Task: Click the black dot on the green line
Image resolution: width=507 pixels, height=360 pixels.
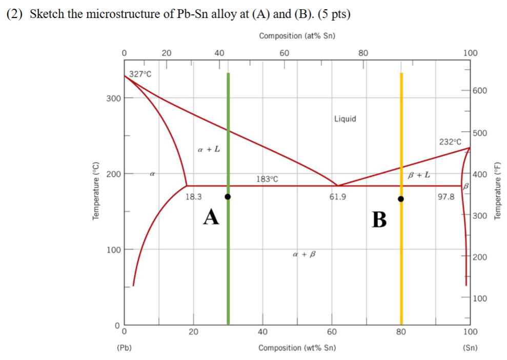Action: click(x=228, y=196)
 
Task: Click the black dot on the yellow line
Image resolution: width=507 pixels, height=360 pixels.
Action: click(x=401, y=199)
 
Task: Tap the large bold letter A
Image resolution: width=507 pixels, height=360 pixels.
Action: click(x=211, y=216)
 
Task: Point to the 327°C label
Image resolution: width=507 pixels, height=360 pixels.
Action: click(x=140, y=74)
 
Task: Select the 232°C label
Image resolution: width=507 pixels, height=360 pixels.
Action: click(x=450, y=141)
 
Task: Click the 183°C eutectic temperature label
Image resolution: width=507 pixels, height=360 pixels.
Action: click(x=267, y=179)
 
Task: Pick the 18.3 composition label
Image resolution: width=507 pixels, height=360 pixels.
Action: click(x=193, y=196)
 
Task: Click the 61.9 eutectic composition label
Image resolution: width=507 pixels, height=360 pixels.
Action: click(x=337, y=196)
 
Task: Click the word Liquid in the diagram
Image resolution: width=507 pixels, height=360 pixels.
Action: click(x=345, y=119)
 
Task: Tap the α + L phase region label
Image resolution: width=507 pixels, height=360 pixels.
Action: click(x=209, y=149)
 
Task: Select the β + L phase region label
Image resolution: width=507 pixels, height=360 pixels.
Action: click(x=419, y=175)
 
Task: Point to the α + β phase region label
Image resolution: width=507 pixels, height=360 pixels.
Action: click(x=303, y=253)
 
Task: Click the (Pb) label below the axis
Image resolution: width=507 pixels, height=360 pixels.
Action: click(x=124, y=348)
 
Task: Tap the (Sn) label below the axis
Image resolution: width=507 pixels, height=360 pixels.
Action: click(x=470, y=348)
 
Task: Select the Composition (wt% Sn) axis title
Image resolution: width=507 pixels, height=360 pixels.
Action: click(x=297, y=348)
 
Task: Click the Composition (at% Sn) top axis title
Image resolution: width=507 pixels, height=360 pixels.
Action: click(x=297, y=35)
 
